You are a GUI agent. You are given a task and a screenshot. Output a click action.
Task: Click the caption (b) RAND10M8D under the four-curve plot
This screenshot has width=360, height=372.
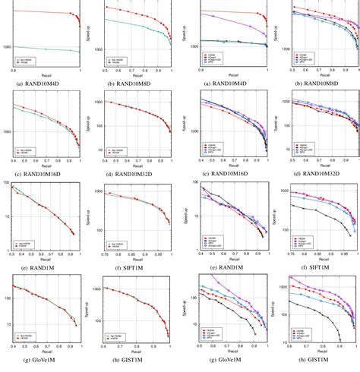(x=314, y=82)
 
